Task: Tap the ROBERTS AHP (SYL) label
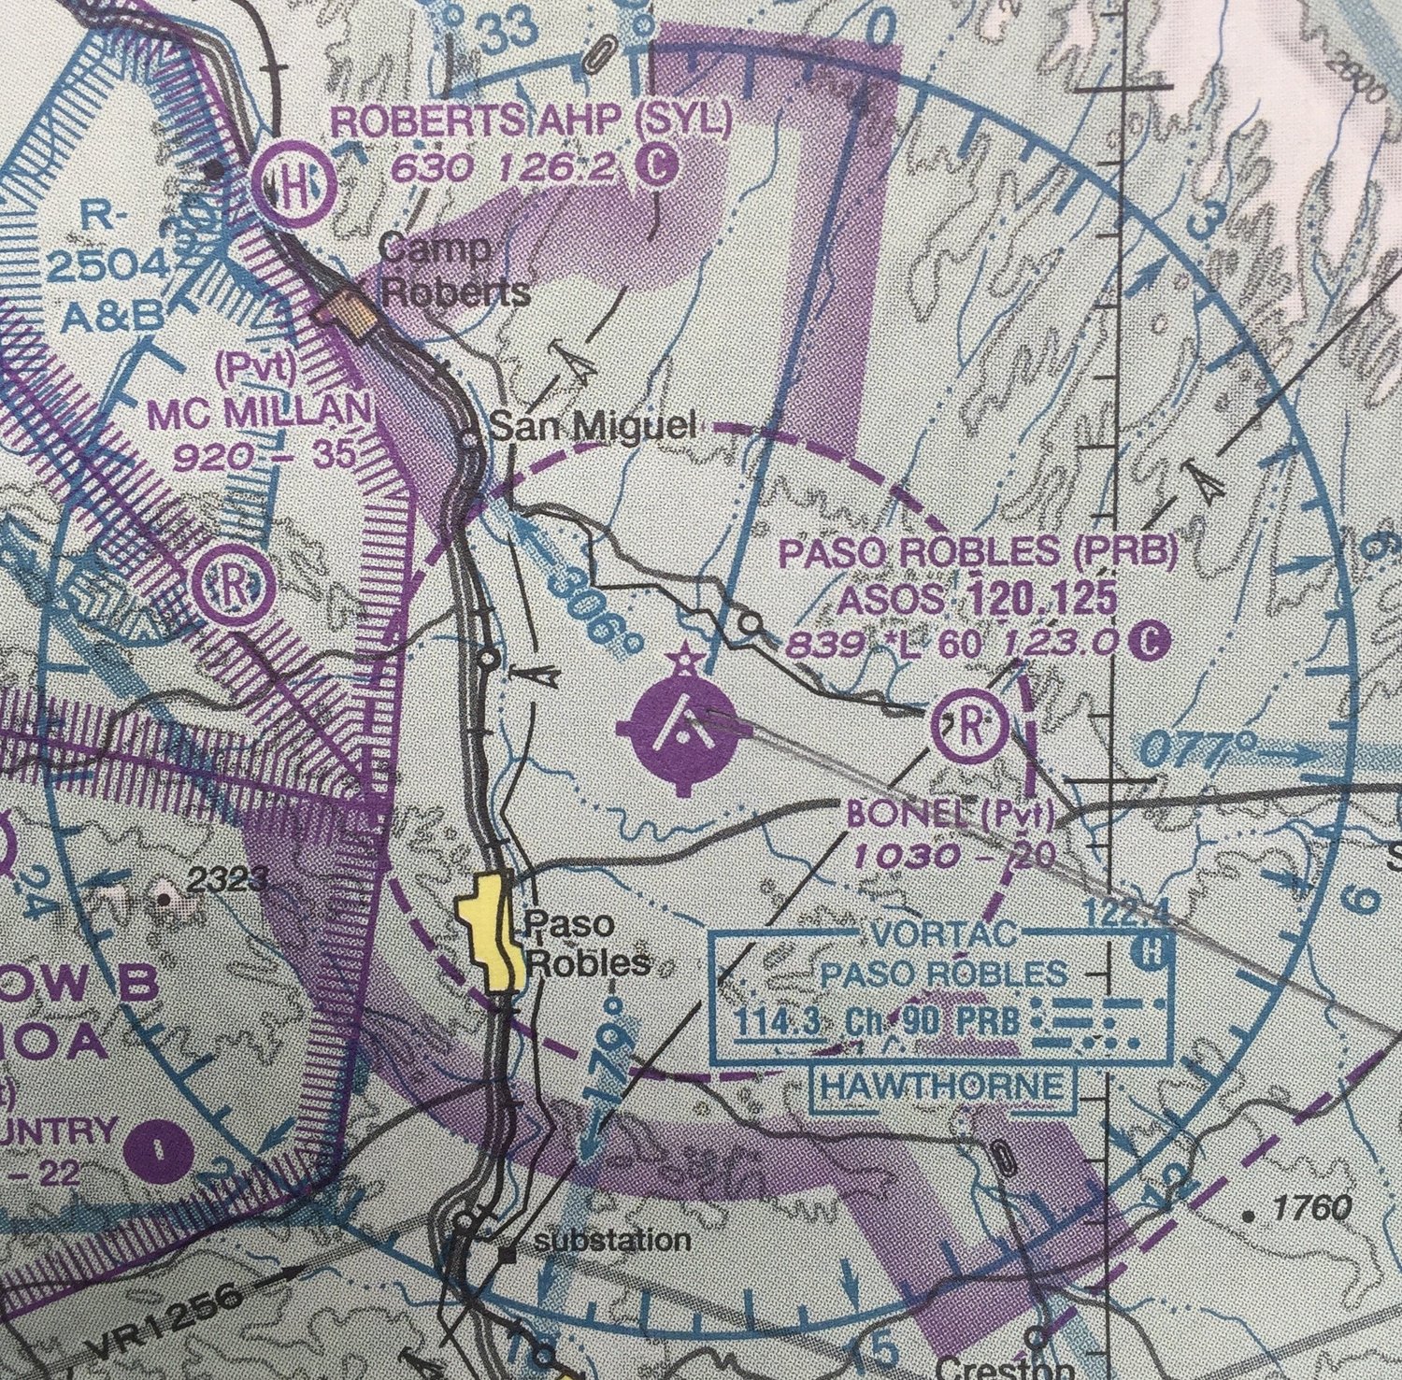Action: point(531,123)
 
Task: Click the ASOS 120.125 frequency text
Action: point(978,599)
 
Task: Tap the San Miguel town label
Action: point(593,427)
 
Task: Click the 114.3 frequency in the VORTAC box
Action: point(778,1020)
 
